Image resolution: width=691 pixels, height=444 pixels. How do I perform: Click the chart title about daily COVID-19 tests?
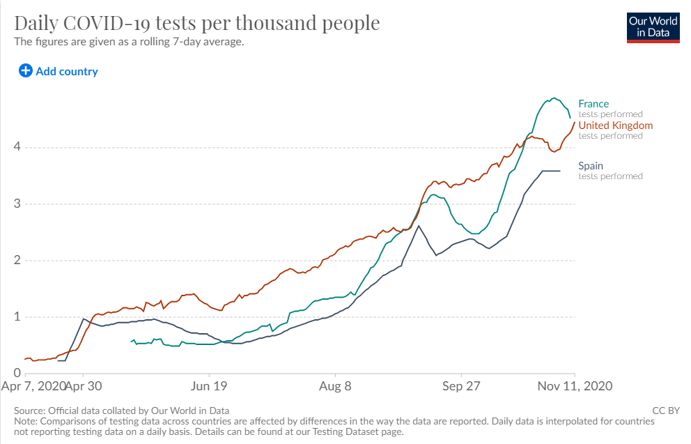coord(197,23)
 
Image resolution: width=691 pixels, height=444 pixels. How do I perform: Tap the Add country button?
coord(66,71)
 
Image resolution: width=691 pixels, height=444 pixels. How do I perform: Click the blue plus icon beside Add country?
coord(26,70)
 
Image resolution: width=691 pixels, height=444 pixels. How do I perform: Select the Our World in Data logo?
coord(653,26)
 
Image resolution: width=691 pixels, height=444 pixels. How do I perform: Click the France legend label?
coord(593,104)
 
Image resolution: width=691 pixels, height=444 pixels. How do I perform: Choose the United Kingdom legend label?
coord(616,125)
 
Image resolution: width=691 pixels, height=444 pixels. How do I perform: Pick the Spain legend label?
coord(591,166)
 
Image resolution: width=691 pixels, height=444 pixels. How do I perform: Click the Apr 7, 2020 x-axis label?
coord(34,385)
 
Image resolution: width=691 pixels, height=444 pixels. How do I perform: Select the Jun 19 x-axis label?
coord(210,385)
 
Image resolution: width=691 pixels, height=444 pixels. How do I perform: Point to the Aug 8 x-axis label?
coord(336,385)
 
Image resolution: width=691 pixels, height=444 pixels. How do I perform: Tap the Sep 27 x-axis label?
coord(462,385)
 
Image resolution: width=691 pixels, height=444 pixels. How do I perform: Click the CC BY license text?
coord(665,411)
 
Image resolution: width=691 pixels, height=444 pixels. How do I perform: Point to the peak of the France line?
coord(554,98)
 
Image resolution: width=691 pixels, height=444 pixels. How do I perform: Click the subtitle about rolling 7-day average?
coord(130,42)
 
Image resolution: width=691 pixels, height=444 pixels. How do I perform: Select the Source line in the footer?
coord(122,411)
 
